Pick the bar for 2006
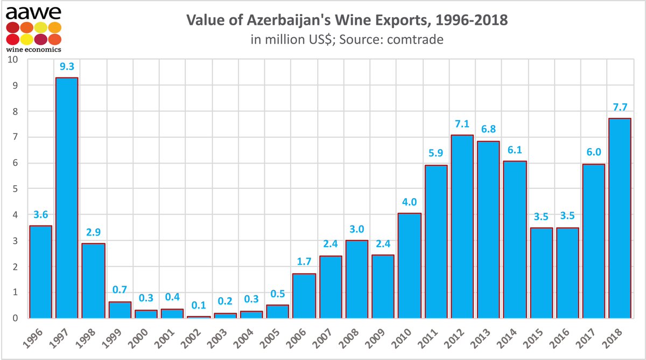tap(304, 295)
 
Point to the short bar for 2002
tap(199, 316)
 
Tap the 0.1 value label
tap(199, 306)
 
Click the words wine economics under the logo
tap(33, 50)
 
